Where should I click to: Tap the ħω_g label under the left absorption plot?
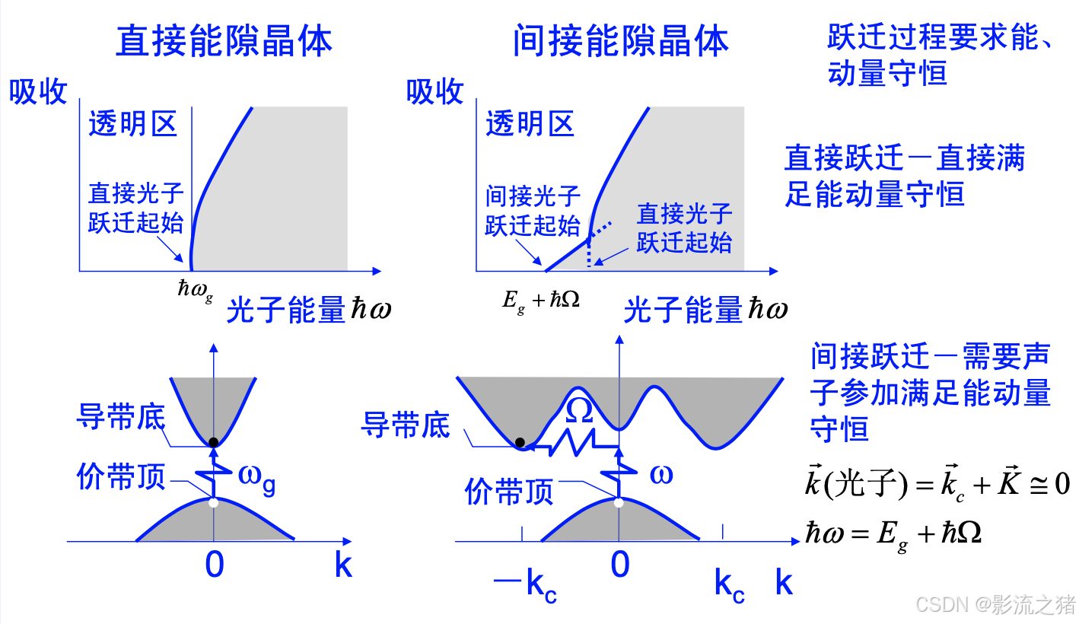pyautogui.click(x=195, y=288)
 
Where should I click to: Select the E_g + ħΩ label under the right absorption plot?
pyautogui.click(x=541, y=299)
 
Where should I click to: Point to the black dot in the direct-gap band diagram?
pyautogui.click(x=214, y=442)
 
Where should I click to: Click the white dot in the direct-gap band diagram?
pyautogui.click(x=214, y=502)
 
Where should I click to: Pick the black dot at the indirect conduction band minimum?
pyautogui.click(x=520, y=442)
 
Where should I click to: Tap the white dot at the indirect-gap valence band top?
pyautogui.click(x=619, y=502)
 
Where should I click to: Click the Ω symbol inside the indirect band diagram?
pyautogui.click(x=579, y=410)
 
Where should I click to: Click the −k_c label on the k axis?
pyautogui.click(x=525, y=585)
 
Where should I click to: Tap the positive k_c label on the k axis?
pyautogui.click(x=729, y=585)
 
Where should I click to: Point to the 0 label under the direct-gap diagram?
pyautogui.click(x=215, y=565)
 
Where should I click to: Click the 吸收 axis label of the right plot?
pyautogui.click(x=434, y=92)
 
